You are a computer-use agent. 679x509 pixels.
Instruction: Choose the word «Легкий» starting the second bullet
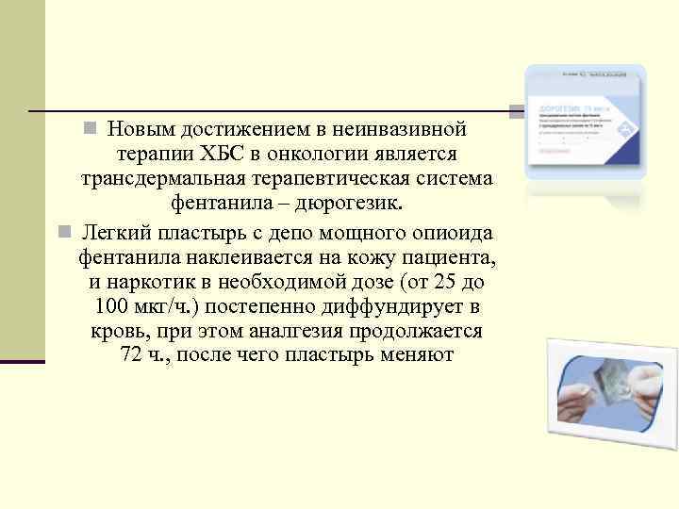114,231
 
